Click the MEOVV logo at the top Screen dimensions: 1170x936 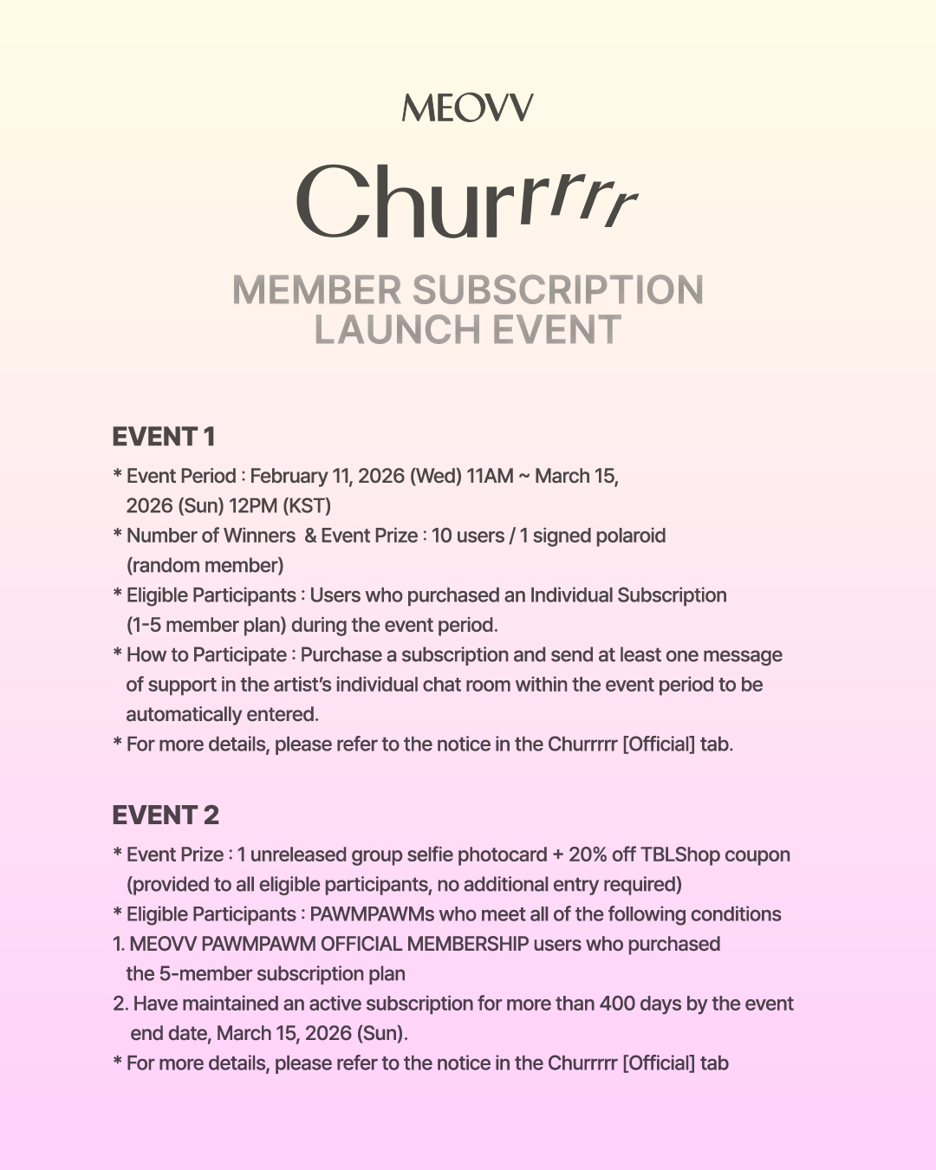coord(467,108)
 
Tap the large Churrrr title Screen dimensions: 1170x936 coord(467,202)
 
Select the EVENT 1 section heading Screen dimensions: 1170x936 coord(163,437)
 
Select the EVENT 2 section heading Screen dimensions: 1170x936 coord(166,816)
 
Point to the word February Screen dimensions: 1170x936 coord(289,476)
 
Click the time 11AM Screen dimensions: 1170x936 coord(490,476)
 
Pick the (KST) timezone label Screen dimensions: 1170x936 coord(307,506)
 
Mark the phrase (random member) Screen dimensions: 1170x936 coord(205,566)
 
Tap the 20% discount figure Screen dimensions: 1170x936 coord(588,855)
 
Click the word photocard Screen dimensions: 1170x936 coord(502,855)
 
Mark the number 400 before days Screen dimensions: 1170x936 coord(616,1004)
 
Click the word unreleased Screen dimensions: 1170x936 coord(297,855)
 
